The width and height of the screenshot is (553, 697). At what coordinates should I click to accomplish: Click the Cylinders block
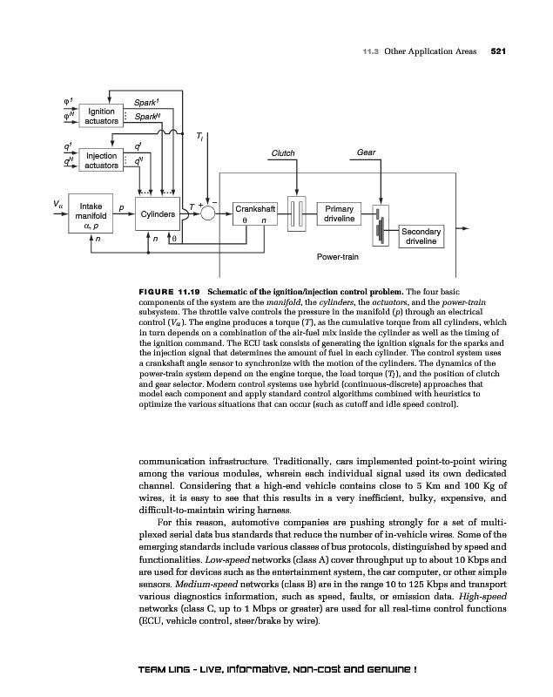click(x=158, y=213)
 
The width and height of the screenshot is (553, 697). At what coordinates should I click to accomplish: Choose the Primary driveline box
click(x=339, y=213)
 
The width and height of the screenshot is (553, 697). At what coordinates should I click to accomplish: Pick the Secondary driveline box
click(x=421, y=235)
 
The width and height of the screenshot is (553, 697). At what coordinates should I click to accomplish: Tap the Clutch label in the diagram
click(x=284, y=153)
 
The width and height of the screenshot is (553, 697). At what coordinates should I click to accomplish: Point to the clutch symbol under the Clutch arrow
click(x=297, y=214)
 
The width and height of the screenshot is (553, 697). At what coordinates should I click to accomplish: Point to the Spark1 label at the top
click(x=141, y=102)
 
